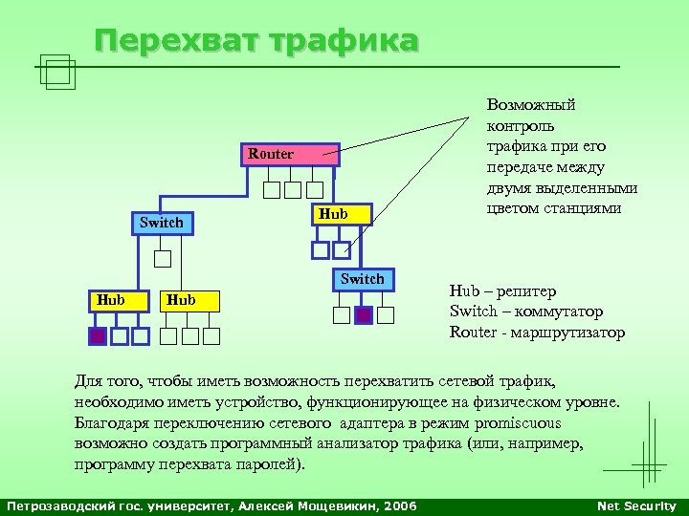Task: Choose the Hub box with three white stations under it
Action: tap(190, 300)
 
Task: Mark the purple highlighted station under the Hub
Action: tap(98, 335)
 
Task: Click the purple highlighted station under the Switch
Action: tap(363, 315)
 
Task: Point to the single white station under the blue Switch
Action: tap(163, 258)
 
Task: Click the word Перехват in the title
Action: tap(178, 41)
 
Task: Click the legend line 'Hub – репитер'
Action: tap(502, 290)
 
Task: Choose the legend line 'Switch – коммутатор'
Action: tap(526, 312)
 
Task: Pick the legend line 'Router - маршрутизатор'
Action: tap(537, 333)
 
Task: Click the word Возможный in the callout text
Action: tap(531, 104)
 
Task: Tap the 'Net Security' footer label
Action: tap(636, 505)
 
